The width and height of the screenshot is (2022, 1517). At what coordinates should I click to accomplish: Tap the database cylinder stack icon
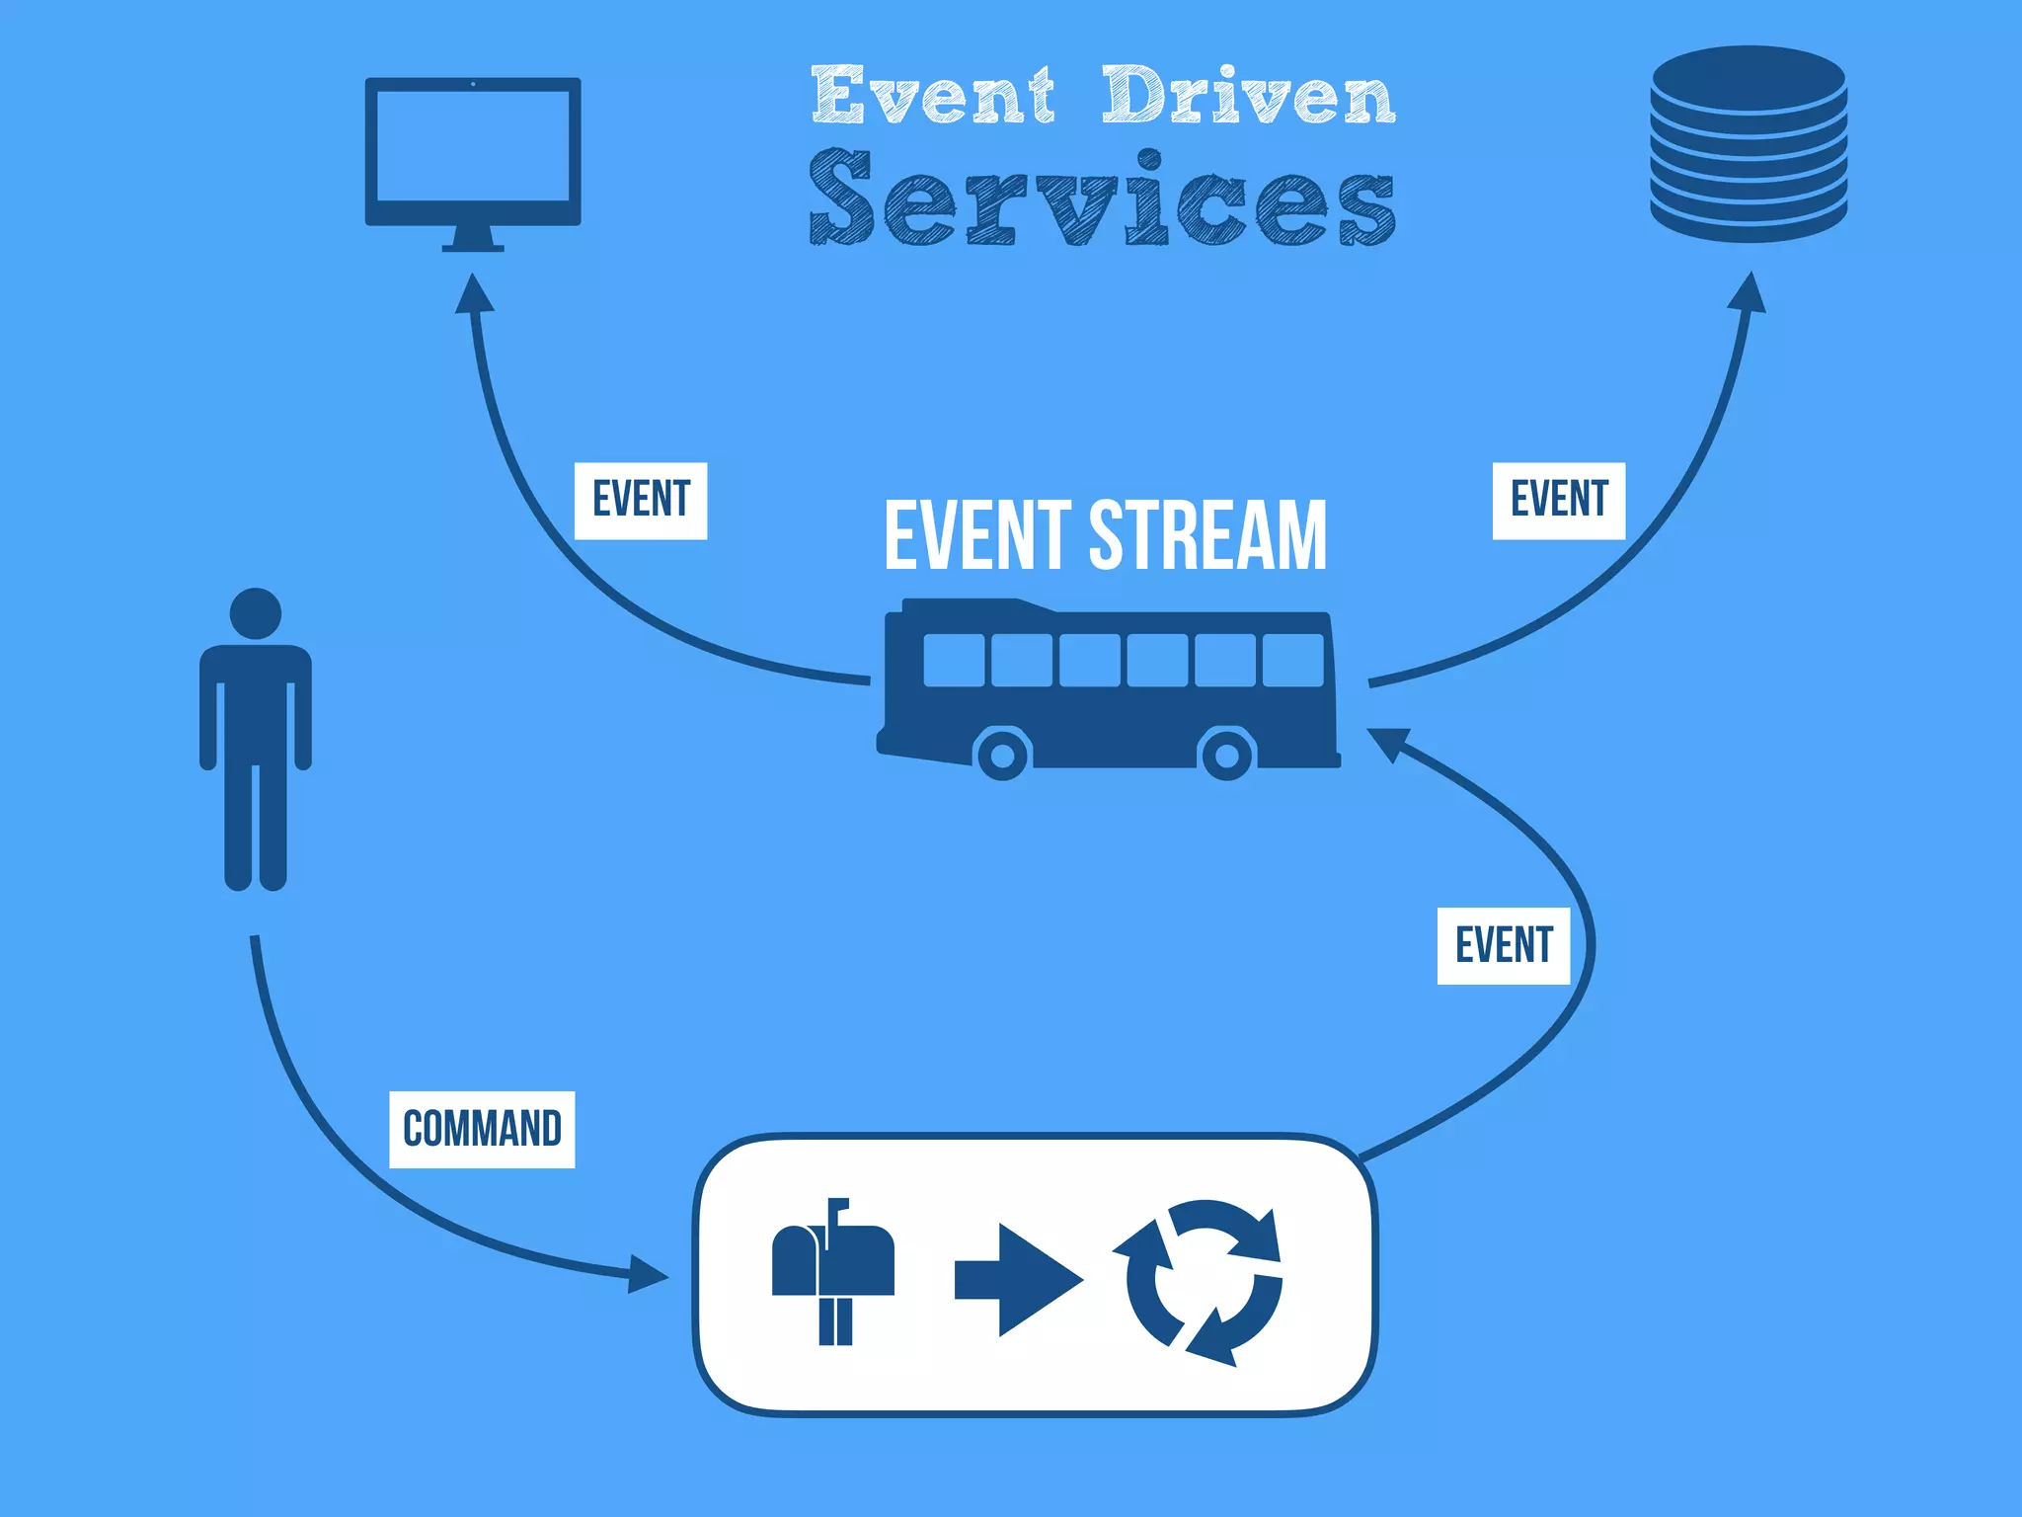click(1749, 143)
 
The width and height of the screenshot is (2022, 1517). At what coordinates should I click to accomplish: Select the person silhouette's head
click(256, 614)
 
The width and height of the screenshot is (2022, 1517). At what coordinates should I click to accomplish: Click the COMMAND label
click(482, 1129)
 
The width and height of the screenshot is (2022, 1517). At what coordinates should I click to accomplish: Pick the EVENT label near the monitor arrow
click(641, 500)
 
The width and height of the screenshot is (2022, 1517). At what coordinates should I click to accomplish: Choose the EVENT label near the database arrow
click(1558, 500)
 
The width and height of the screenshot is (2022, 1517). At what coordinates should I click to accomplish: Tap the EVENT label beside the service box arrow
click(1503, 945)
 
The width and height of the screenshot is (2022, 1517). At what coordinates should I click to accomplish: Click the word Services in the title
click(1102, 200)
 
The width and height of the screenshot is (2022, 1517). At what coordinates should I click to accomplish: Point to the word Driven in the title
click(1248, 96)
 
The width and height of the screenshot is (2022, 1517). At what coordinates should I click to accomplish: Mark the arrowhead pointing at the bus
click(1387, 743)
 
